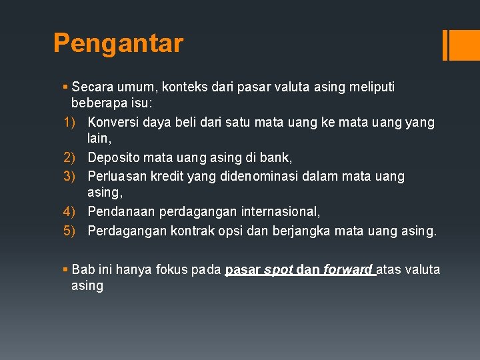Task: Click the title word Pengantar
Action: click(118, 43)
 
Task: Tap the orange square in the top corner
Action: click(465, 45)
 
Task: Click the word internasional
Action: click(280, 213)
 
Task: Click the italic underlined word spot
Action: click(279, 269)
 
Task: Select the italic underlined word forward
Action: click(347, 269)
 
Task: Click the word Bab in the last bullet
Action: click(84, 269)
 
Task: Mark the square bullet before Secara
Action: click(65, 87)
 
